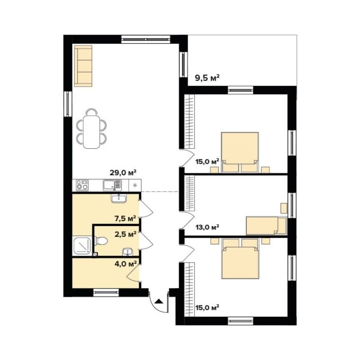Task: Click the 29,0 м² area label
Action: [x=123, y=172]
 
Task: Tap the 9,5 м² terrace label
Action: [x=207, y=78]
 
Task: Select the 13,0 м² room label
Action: [x=207, y=227]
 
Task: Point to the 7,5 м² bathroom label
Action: [x=126, y=218]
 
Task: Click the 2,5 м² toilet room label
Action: [x=126, y=234]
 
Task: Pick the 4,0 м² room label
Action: [x=126, y=263]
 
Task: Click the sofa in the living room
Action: [x=83, y=66]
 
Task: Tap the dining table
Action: [x=91, y=132]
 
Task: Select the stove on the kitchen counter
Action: [x=82, y=185]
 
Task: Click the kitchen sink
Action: [x=112, y=185]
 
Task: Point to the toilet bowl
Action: [x=101, y=241]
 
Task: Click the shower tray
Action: [x=82, y=246]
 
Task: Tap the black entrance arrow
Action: [x=159, y=301]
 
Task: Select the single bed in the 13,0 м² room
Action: [x=266, y=225]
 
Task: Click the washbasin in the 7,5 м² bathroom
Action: [x=119, y=198]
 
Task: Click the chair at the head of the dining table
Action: [x=91, y=112]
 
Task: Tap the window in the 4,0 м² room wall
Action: [x=106, y=292]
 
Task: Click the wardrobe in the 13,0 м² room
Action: [x=189, y=193]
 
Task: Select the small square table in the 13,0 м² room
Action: [x=284, y=208]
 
